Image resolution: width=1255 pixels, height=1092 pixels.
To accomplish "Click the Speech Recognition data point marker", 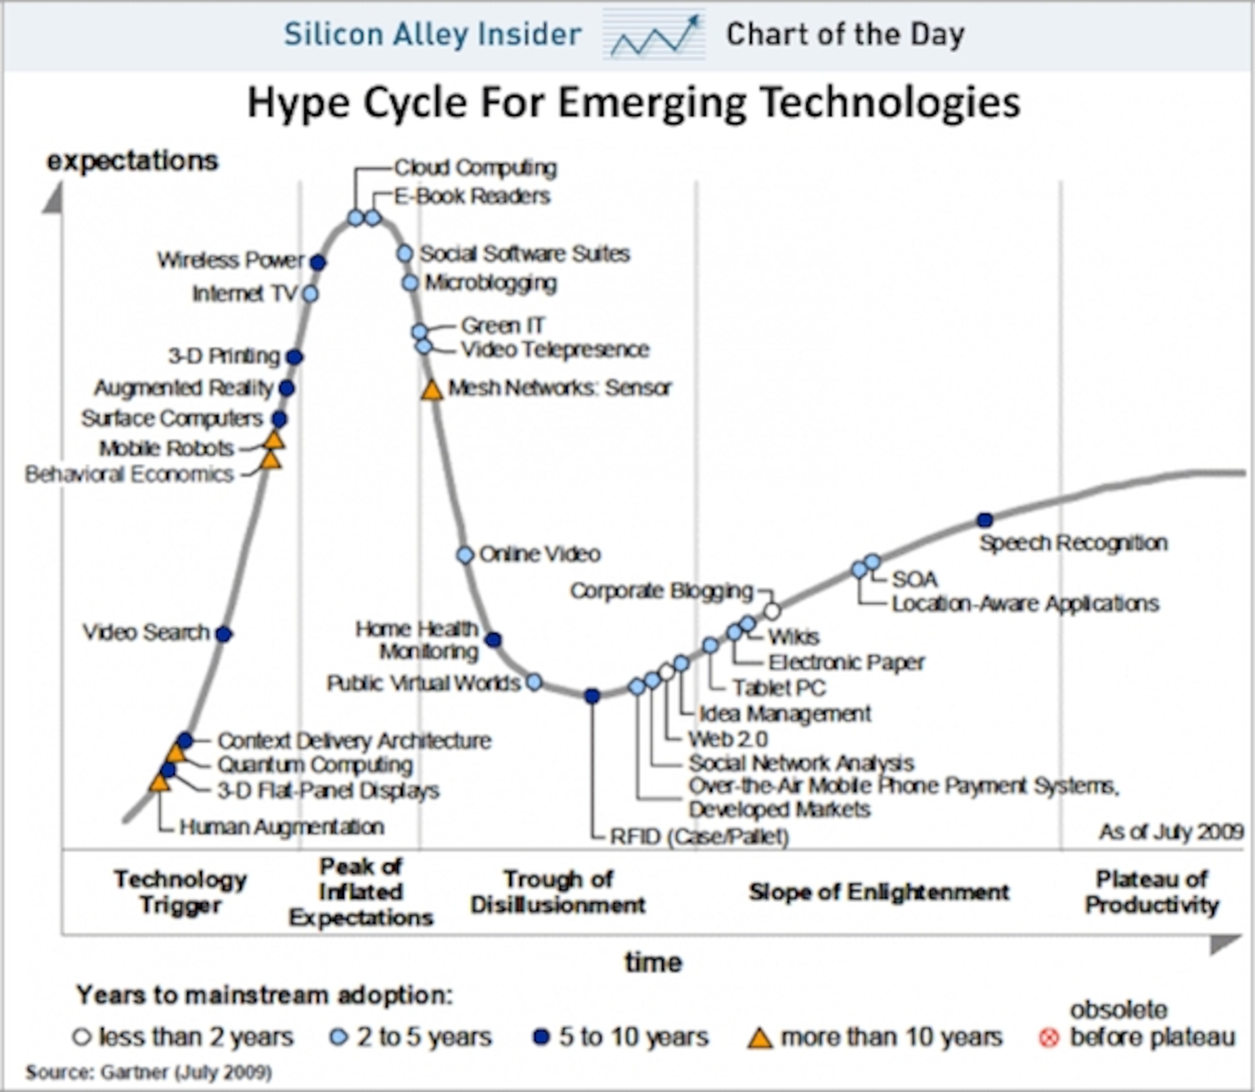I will [985, 520].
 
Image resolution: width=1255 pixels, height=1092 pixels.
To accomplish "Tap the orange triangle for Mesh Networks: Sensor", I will [431, 390].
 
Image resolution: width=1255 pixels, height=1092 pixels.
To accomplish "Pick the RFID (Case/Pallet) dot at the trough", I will [592, 696].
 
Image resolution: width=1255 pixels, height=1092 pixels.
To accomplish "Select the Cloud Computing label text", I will [475, 167].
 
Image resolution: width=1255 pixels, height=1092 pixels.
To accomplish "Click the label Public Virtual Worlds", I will [423, 683].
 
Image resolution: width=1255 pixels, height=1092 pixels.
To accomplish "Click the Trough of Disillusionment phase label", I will [558, 892].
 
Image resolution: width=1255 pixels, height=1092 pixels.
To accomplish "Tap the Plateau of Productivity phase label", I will [1151, 892].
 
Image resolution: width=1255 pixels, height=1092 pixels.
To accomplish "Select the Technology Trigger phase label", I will [180, 892].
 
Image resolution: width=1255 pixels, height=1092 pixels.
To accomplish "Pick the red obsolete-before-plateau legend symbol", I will [1048, 1038].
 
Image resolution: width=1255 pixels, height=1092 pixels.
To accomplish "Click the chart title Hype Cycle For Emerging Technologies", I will [634, 103].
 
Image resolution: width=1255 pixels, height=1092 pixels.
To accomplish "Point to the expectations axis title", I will [132, 161].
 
